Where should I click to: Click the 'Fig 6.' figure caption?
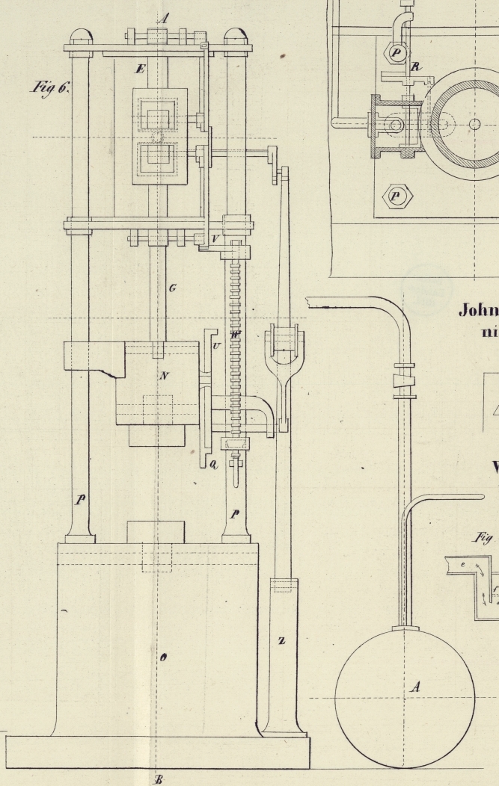pos(50,88)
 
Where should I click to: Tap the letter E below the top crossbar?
pos(139,69)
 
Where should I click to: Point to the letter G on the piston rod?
pos(173,288)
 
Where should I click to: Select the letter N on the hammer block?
pos(162,376)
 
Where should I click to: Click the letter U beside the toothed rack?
pos(216,346)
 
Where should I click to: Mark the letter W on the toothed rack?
pos(235,335)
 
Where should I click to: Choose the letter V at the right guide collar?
pos(215,238)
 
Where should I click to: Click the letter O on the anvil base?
pos(162,657)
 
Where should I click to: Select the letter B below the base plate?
pos(158,779)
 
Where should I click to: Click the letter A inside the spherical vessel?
pos(414,687)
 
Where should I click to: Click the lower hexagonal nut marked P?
pos(394,197)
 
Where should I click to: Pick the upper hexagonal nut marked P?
pos(395,54)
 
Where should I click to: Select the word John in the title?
pos(477,309)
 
